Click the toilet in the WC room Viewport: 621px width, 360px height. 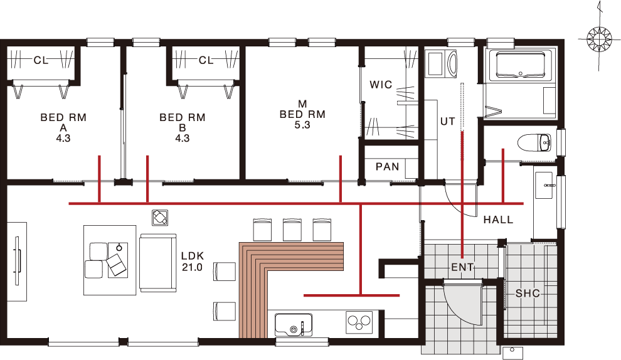coord(534,142)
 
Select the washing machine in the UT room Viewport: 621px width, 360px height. coord(441,63)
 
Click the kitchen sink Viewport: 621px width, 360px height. coord(294,325)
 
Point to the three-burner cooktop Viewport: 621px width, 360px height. coord(359,322)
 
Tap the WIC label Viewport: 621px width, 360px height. coord(381,85)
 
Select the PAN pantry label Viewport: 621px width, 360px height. coord(387,167)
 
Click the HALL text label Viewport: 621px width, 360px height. coord(498,220)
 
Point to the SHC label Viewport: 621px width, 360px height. coord(528,294)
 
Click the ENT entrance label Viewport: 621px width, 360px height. coord(462,268)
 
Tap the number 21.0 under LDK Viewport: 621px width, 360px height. coord(192,267)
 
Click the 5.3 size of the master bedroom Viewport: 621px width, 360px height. coord(302,125)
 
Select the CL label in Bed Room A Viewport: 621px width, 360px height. coord(41,61)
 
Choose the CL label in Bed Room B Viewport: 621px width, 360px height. coord(206,60)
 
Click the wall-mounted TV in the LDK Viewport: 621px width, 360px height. coord(17,261)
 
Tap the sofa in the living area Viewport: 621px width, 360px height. coord(157,263)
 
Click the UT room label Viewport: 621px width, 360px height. coord(447,122)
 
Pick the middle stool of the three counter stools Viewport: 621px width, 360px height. coord(292,230)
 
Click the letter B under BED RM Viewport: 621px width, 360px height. coord(182,128)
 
